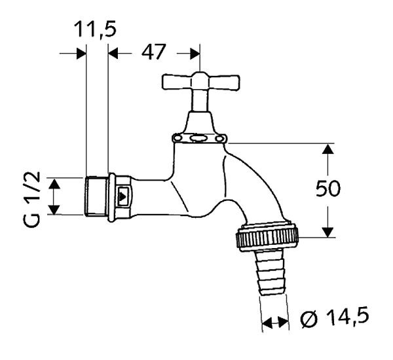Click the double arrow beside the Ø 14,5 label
[x=275, y=322]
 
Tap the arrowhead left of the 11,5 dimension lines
[x=78, y=53]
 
